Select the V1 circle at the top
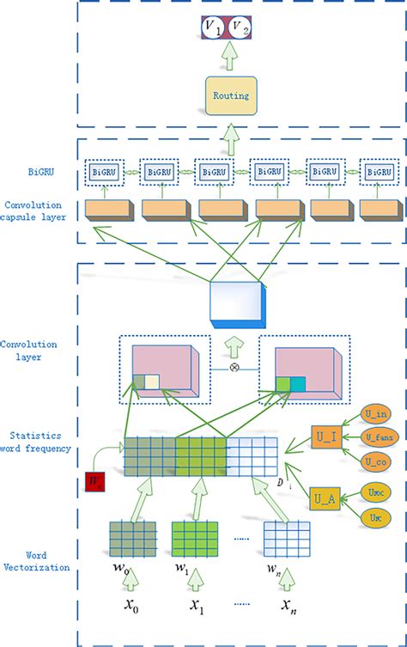210,30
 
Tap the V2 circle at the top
244,30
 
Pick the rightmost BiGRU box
377,172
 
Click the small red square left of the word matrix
94,483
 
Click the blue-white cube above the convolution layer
238,305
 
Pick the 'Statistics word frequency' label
38,442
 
